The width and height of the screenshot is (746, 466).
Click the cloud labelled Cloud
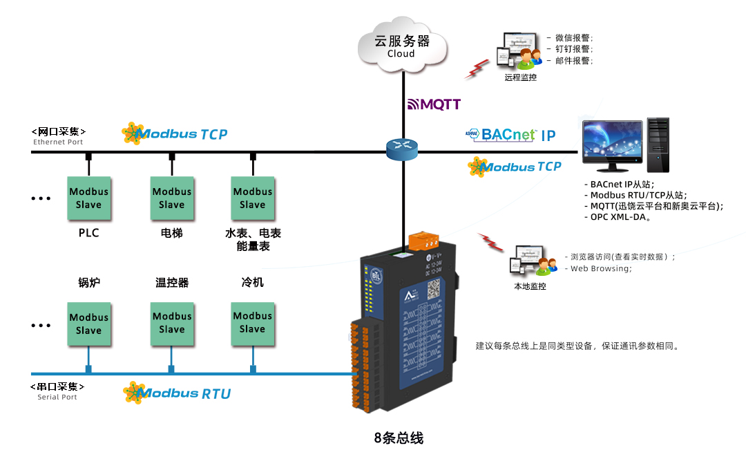point(401,46)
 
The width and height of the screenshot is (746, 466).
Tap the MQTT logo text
point(434,104)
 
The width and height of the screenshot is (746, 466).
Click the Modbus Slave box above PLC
point(88,198)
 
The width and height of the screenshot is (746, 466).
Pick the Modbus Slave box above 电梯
point(172,198)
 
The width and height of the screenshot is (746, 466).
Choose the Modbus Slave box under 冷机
point(252,322)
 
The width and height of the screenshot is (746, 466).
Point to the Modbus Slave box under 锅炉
point(88,324)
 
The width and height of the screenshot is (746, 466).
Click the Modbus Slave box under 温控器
point(172,322)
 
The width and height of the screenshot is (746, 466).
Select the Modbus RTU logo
point(177,393)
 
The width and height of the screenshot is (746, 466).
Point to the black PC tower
point(658,145)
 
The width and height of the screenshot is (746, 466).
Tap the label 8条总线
point(399,438)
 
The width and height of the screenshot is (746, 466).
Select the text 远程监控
point(520,77)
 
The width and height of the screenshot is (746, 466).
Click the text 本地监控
point(530,286)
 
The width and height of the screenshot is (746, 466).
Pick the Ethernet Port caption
point(58,142)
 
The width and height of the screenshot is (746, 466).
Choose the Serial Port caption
point(57,397)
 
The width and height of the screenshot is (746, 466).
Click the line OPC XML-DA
point(621,216)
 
